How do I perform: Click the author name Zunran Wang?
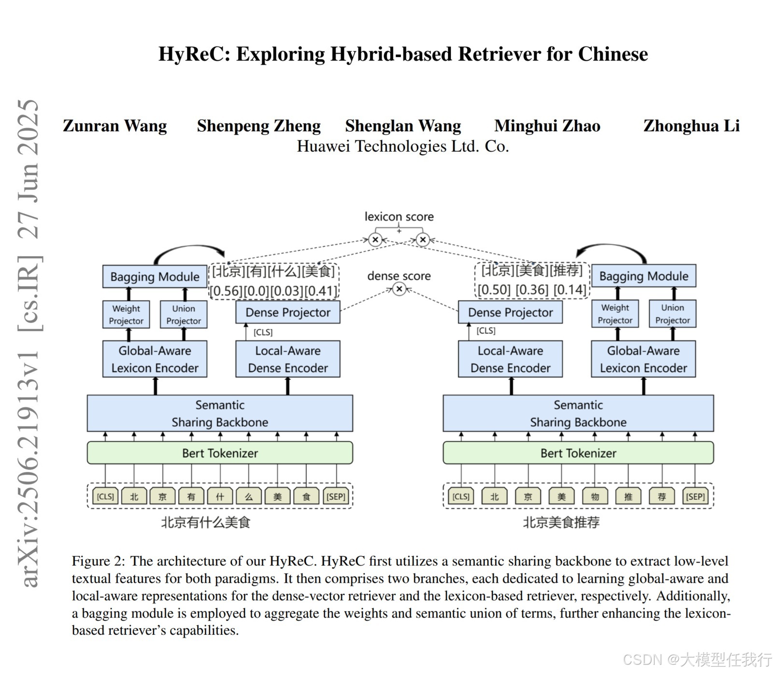[x=115, y=126]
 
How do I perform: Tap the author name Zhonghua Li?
[x=691, y=126]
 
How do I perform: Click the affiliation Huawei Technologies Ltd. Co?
[x=403, y=146]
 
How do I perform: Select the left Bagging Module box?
[x=155, y=277]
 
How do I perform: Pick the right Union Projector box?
[x=673, y=314]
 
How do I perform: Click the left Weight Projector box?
[x=126, y=315]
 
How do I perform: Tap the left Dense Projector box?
[x=288, y=312]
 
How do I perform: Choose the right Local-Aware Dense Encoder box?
[x=510, y=359]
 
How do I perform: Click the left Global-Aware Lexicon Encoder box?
[x=155, y=359]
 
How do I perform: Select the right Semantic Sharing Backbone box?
[x=578, y=413]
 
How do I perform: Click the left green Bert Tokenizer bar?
[x=220, y=453]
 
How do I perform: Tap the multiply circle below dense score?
[x=399, y=289]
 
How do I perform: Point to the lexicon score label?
[x=399, y=217]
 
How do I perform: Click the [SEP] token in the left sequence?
[x=336, y=496]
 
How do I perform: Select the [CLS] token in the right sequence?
[x=460, y=496]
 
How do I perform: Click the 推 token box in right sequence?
[x=628, y=496]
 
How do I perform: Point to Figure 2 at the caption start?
[x=98, y=561]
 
